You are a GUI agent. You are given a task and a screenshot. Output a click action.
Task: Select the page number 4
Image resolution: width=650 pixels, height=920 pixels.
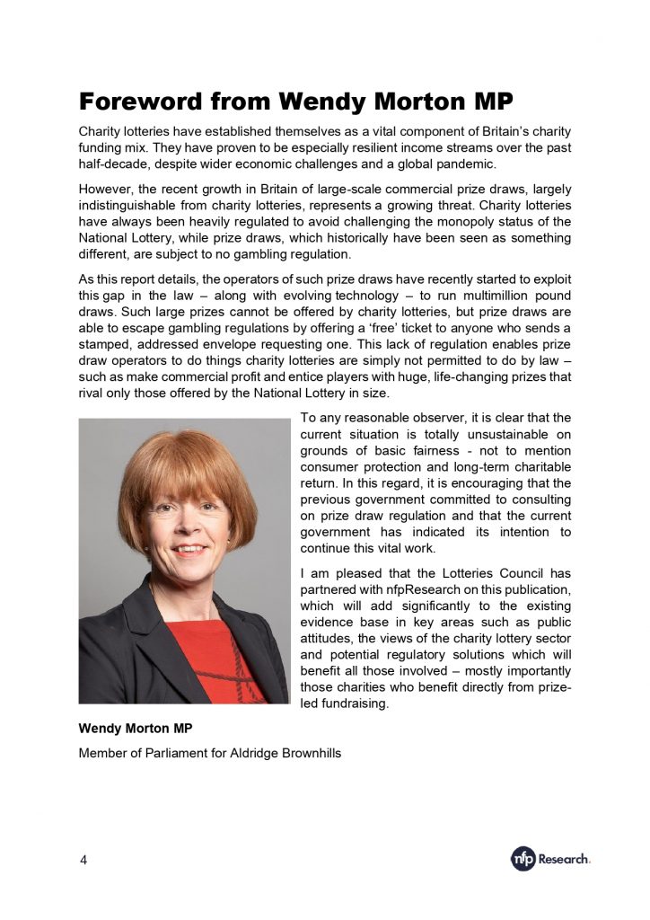[x=83, y=860]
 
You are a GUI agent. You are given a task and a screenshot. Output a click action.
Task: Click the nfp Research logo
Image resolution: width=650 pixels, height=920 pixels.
[x=550, y=859]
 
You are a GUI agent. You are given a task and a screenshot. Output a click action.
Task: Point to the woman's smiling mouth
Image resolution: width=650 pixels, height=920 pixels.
[x=188, y=549]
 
